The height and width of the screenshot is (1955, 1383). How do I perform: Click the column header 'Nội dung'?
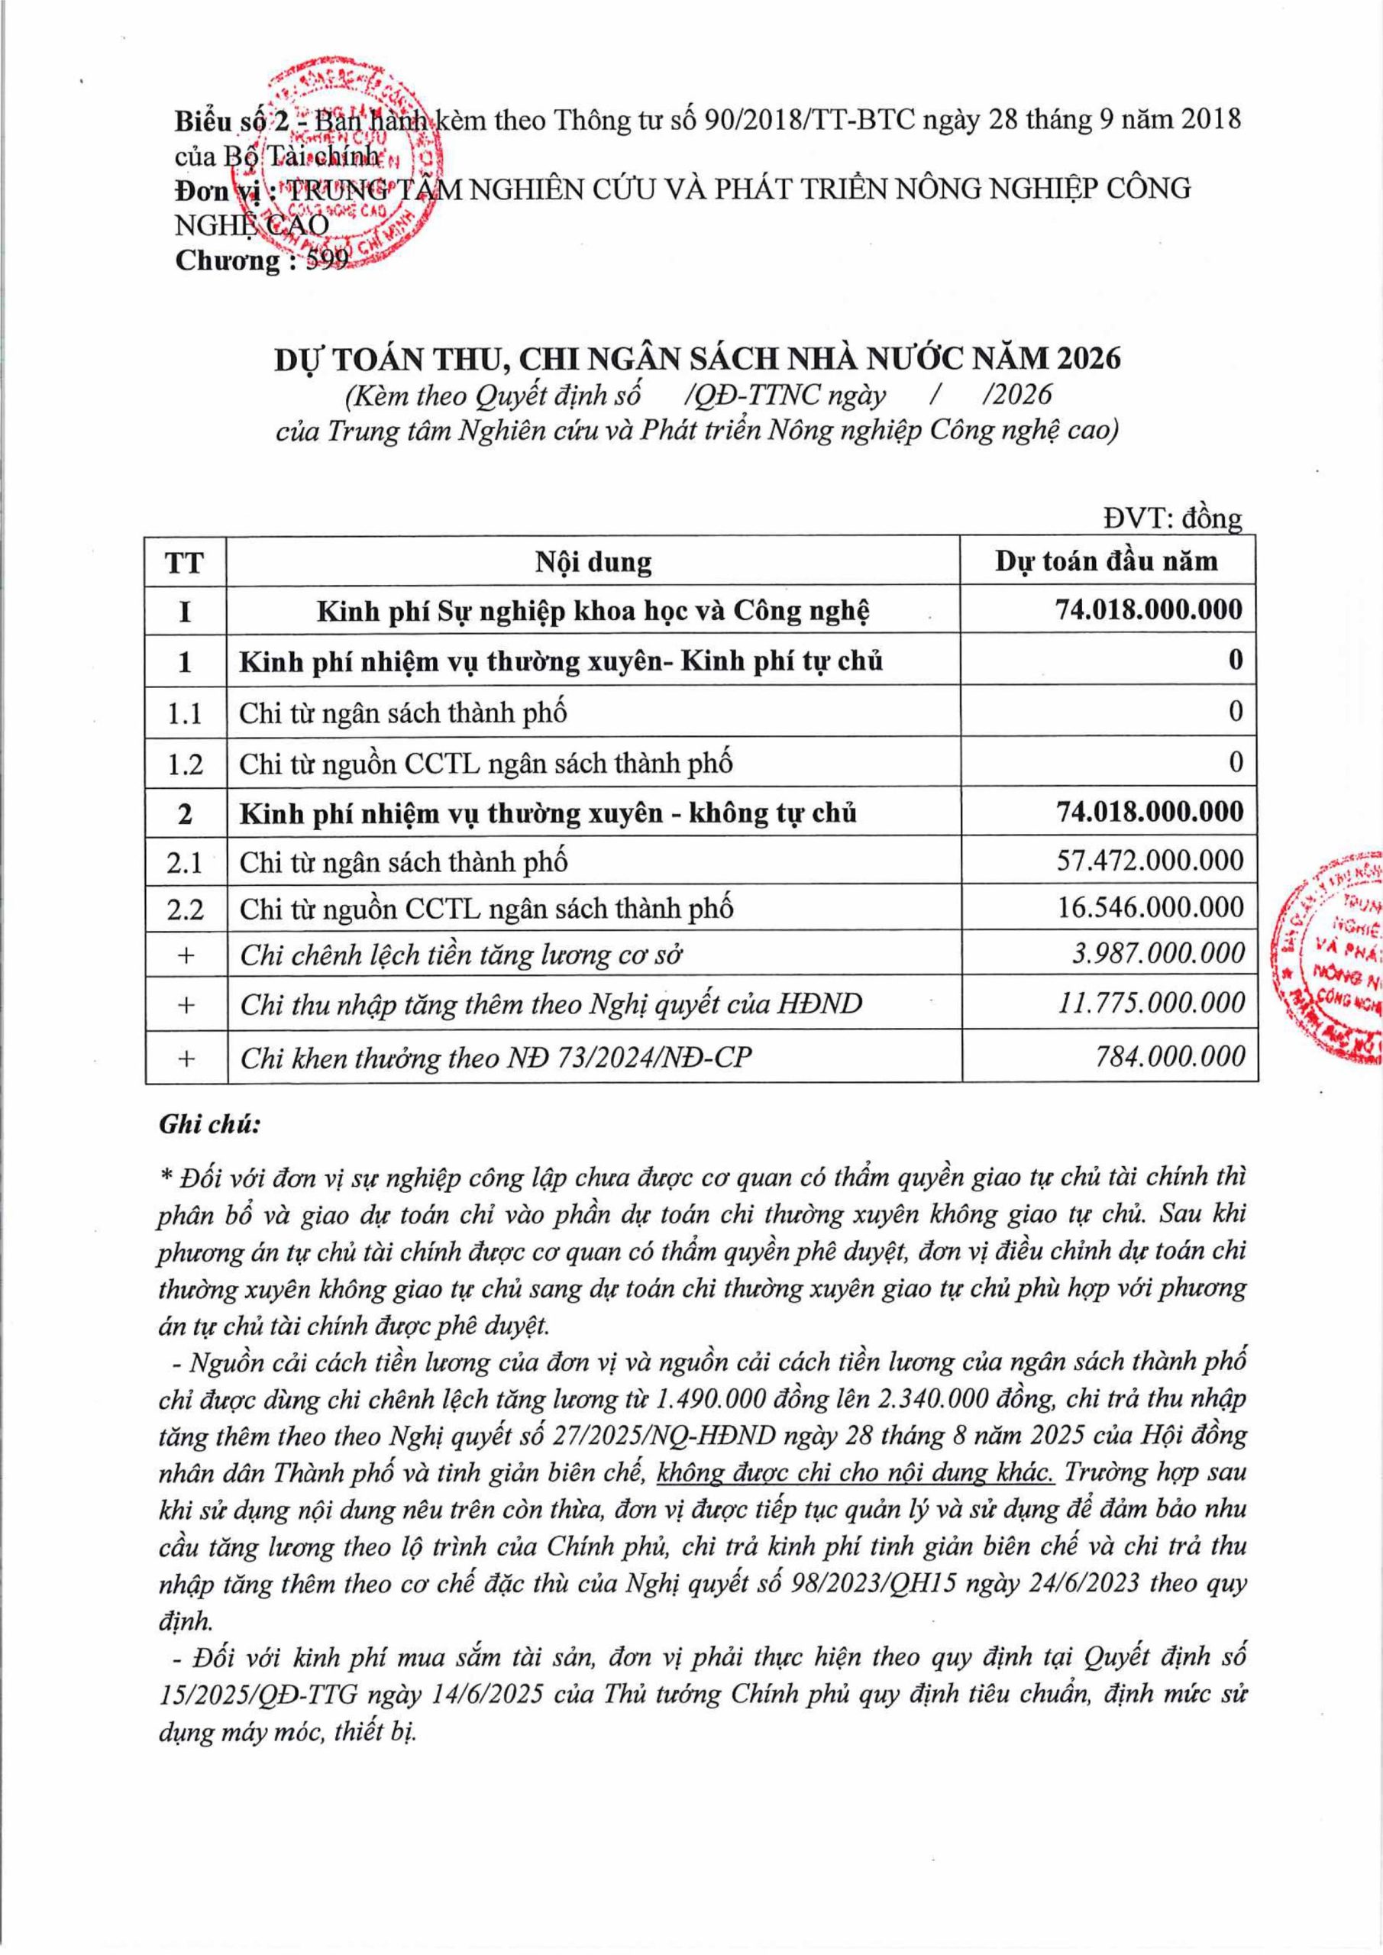click(x=593, y=562)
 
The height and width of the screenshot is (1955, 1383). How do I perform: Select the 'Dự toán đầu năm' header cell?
click(x=1107, y=561)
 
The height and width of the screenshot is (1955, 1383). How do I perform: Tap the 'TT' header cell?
click(x=185, y=563)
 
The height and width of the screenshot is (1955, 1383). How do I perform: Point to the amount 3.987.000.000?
click(x=1159, y=953)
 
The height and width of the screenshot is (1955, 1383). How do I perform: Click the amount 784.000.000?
click(x=1171, y=1056)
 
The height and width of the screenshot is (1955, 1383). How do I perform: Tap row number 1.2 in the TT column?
click(x=185, y=763)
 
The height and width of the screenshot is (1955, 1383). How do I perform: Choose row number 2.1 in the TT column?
click(x=185, y=862)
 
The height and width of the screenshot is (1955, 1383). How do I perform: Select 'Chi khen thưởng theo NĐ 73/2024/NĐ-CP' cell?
click(x=496, y=1058)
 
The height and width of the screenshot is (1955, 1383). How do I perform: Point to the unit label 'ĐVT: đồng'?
click(x=1173, y=519)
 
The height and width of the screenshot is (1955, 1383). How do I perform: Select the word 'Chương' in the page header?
click(x=228, y=260)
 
